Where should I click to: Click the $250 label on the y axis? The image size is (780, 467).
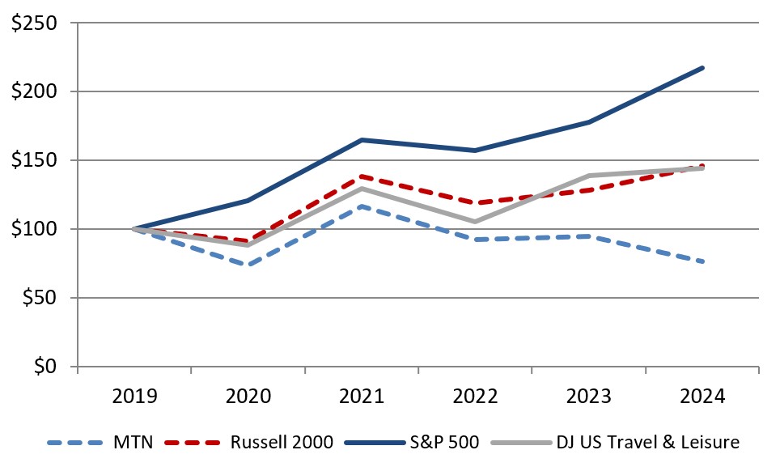click(33, 23)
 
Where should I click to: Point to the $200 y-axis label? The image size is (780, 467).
click(33, 91)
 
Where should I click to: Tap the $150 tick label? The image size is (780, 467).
click(33, 160)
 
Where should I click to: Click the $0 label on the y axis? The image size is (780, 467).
click(45, 367)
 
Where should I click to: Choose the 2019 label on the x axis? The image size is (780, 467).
click(134, 397)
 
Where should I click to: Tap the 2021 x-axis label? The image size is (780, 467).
click(362, 397)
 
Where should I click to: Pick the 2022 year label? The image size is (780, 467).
click(475, 397)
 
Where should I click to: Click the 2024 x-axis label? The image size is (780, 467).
click(702, 397)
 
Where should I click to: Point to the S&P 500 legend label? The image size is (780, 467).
click(443, 443)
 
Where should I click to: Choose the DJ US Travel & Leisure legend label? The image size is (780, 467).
click(647, 443)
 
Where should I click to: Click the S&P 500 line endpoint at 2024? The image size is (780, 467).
click(702, 67)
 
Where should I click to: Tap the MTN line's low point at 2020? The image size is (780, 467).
click(248, 265)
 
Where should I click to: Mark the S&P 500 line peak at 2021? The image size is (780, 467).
click(362, 140)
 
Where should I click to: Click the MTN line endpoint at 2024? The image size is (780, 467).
click(702, 261)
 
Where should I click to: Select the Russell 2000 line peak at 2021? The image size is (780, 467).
click(362, 176)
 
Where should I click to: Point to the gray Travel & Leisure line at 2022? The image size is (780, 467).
click(475, 222)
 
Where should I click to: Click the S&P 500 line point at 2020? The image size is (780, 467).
click(248, 200)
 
